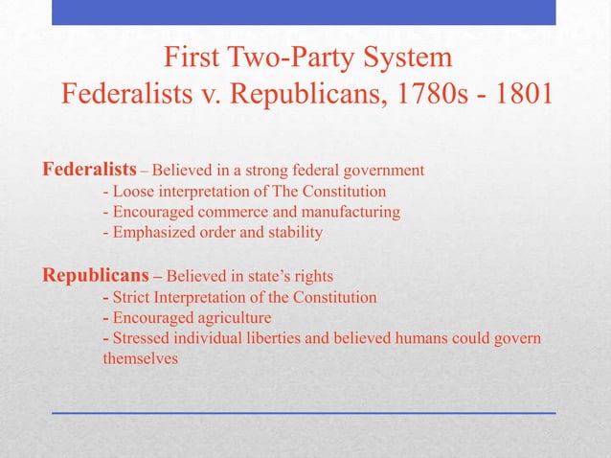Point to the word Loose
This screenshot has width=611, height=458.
(x=135, y=191)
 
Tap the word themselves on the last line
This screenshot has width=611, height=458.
(x=140, y=358)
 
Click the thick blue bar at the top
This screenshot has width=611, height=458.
(x=305, y=11)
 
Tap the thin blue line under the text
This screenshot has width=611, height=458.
(x=305, y=412)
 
